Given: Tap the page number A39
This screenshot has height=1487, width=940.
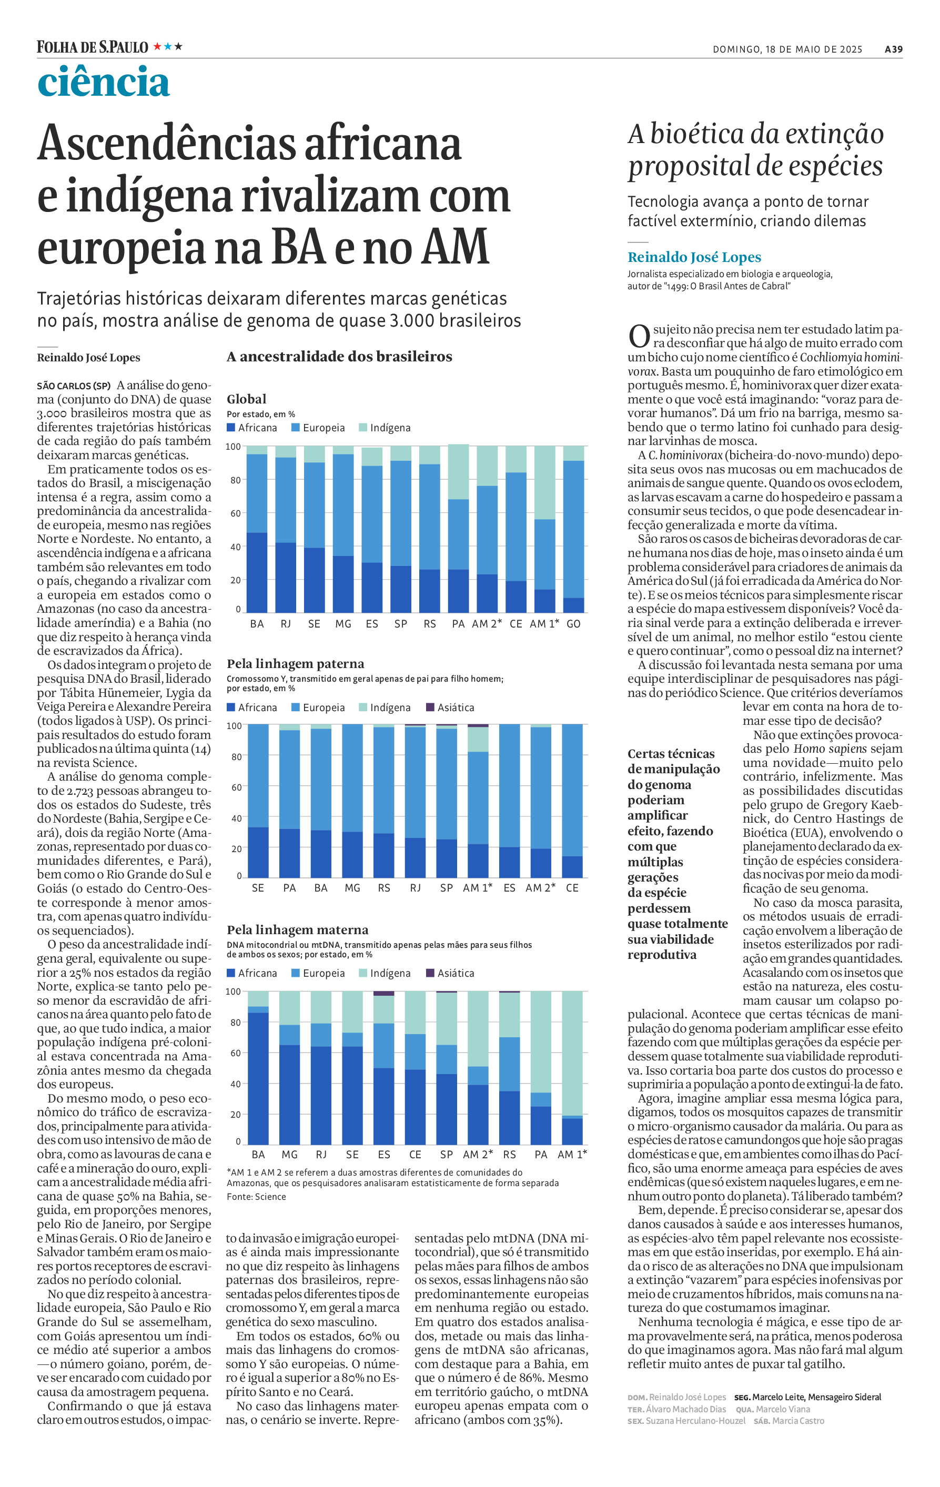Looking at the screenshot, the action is click(893, 49).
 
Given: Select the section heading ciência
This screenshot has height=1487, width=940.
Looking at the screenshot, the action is click(103, 83).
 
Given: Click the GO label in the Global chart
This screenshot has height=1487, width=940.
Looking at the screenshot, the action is click(573, 624).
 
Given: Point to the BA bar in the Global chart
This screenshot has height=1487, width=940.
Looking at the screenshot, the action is click(257, 529).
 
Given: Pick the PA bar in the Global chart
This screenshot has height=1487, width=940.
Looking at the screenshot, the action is click(458, 529).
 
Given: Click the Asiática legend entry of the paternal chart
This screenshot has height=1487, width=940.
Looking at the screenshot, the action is click(450, 707).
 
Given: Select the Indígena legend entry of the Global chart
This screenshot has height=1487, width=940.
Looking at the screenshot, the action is click(384, 428).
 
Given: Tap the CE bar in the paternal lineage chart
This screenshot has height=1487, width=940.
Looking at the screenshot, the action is click(572, 801).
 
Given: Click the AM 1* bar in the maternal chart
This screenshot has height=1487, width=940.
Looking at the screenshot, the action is click(572, 1067).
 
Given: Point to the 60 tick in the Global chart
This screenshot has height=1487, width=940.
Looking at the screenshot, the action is click(234, 514).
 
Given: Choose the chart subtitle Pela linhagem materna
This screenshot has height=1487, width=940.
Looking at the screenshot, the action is click(297, 929).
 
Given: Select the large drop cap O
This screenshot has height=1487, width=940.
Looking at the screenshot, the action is click(639, 337).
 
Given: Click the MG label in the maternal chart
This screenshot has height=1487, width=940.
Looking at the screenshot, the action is click(289, 1154).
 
